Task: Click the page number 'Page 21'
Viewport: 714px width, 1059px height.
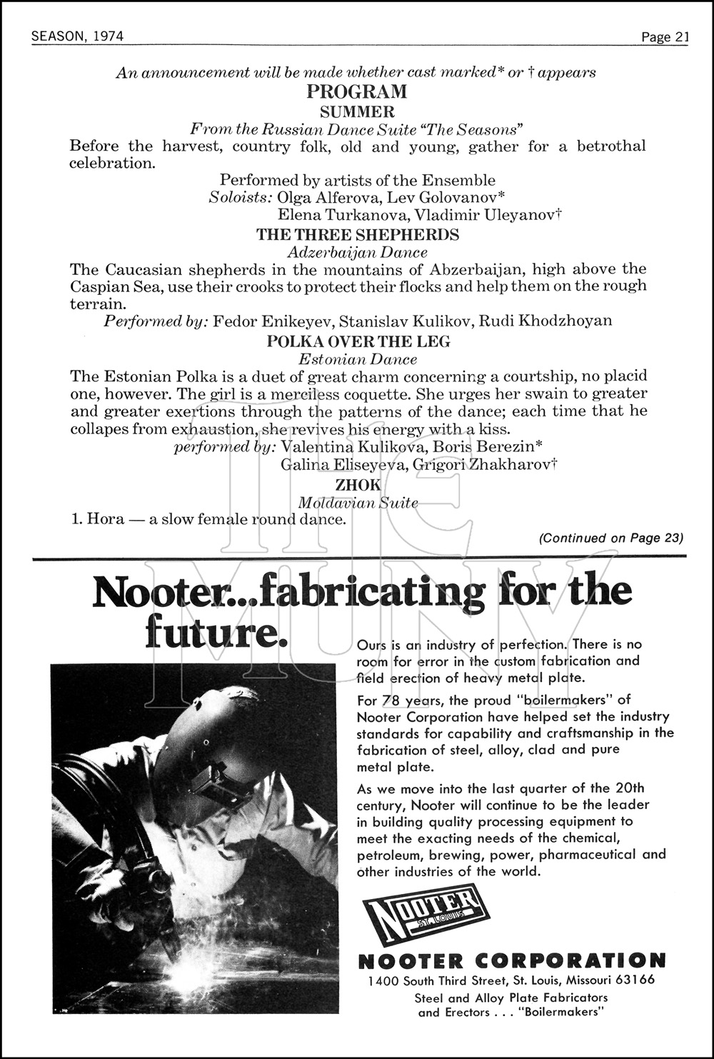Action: [x=665, y=37]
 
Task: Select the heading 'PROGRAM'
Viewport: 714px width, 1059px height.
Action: [x=357, y=92]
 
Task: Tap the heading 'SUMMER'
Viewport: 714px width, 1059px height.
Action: [x=357, y=111]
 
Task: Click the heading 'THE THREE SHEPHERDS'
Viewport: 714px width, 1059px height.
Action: [x=358, y=235]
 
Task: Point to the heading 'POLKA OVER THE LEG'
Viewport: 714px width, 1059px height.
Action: [x=358, y=341]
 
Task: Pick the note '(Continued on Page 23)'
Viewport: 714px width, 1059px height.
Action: [x=611, y=538]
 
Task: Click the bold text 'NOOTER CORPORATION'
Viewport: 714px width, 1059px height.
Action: [x=511, y=960]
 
